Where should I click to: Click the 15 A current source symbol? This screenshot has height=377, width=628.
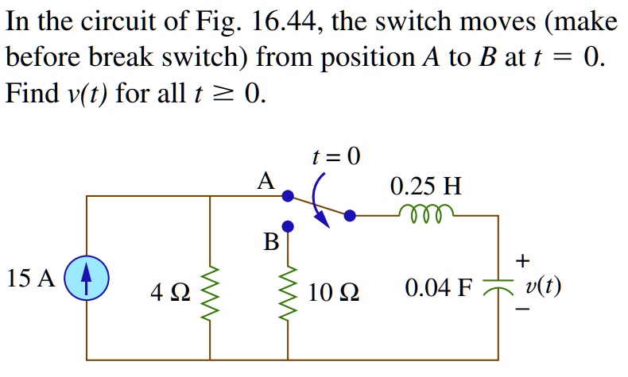pos(86,280)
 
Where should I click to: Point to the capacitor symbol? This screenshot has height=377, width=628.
pos(499,287)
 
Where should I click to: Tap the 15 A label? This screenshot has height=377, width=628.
pos(30,279)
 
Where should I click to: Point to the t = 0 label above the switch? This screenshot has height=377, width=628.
pos(335,157)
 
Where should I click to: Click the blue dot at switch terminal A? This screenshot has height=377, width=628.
pos(289,195)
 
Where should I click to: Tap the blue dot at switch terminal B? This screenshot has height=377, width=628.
pos(289,226)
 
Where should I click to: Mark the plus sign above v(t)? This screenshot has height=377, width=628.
pos(521,260)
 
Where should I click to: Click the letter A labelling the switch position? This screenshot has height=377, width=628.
pos(266,182)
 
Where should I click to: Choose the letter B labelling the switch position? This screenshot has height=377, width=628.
pos(270,242)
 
